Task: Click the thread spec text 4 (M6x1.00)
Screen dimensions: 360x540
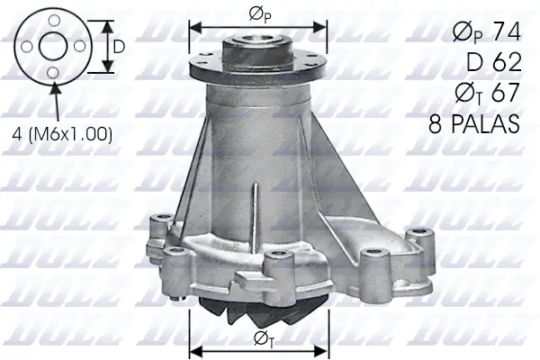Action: point(62,134)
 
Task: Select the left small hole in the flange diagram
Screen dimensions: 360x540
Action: point(28,46)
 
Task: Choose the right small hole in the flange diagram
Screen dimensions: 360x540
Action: point(80,46)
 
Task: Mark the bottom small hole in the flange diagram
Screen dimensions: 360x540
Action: point(54,72)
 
